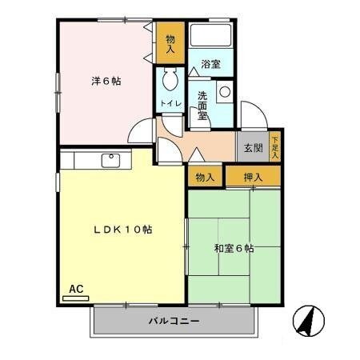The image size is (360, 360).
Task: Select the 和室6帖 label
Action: point(234,249)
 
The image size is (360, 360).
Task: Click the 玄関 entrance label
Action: point(253,148)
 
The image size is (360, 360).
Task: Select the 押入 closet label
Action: point(253,177)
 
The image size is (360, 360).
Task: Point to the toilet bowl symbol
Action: point(169,81)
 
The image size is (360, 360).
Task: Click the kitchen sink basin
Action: point(110,160)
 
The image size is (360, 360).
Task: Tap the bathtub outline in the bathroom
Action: point(210,37)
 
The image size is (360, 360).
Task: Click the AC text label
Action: point(76,289)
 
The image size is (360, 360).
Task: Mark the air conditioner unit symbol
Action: point(76,298)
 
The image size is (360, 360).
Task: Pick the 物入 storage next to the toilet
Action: point(170,44)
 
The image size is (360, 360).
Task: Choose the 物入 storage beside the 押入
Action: point(205,177)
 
